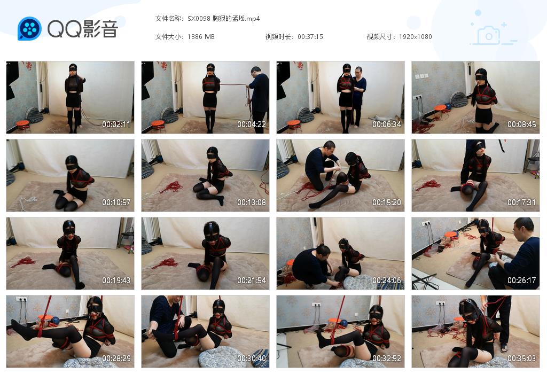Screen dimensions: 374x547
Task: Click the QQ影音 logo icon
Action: (29, 28)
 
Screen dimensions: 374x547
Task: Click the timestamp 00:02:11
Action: (116, 124)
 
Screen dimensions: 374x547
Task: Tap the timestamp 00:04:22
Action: (252, 124)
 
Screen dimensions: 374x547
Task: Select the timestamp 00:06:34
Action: (387, 124)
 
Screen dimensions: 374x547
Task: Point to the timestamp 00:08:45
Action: (522, 124)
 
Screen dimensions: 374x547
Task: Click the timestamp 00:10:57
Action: (116, 202)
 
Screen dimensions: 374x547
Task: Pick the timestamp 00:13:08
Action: (252, 202)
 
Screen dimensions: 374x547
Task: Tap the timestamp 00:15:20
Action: (387, 202)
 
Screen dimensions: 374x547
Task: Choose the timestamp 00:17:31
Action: (522, 202)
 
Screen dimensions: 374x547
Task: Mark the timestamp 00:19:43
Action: (116, 280)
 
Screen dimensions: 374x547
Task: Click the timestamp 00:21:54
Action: (252, 280)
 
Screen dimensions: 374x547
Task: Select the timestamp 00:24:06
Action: (387, 280)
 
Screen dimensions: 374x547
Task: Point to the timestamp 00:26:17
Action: (522, 280)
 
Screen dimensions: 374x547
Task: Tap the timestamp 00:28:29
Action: (116, 359)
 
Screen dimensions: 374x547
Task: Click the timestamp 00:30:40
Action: (252, 359)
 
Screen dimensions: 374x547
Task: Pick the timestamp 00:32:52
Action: (387, 359)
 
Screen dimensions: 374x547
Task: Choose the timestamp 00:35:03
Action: (522, 359)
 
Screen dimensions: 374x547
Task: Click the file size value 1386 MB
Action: (201, 37)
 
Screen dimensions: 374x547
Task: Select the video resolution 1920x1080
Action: (415, 37)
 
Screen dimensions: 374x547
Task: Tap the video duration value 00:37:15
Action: (310, 37)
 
